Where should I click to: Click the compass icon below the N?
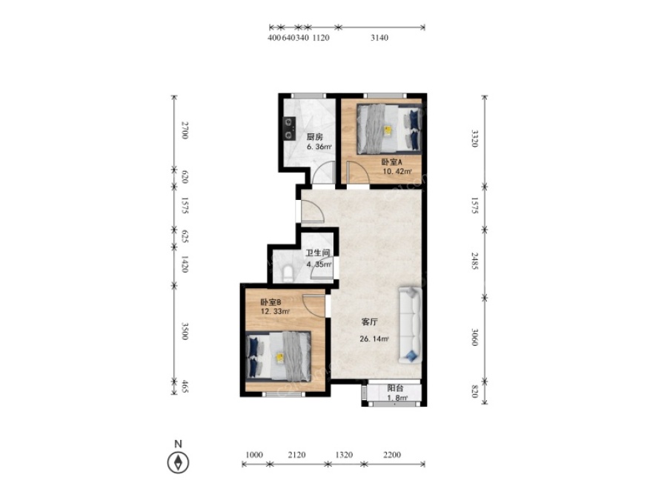click(x=178, y=462)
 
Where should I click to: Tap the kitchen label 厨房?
click(x=315, y=137)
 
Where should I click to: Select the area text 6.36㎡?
click(x=319, y=147)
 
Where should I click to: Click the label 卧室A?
click(x=391, y=162)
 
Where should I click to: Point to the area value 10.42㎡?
click(x=397, y=172)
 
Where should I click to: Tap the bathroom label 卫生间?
click(x=318, y=253)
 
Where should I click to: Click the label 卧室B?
click(x=271, y=302)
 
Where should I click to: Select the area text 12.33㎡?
click(x=275, y=312)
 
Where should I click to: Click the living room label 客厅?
click(x=369, y=322)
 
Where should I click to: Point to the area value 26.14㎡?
click(x=374, y=339)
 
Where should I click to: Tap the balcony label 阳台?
click(x=395, y=388)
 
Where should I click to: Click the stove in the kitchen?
click(x=290, y=129)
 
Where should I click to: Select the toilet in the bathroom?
click(x=288, y=274)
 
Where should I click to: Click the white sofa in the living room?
click(x=411, y=325)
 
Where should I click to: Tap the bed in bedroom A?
click(x=390, y=128)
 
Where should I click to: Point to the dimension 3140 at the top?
click(x=379, y=38)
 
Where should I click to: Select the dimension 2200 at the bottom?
click(x=392, y=455)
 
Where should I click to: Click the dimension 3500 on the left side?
click(x=185, y=331)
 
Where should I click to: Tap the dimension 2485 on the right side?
click(x=475, y=261)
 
